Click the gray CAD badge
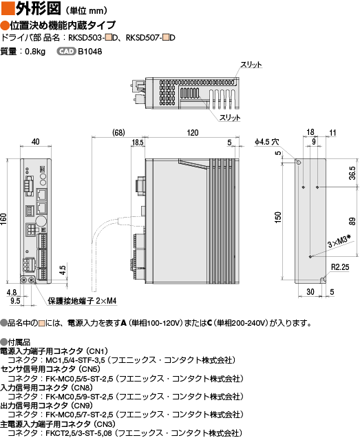tap(66, 52)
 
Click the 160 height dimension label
tap(3, 219)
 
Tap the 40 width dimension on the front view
tap(36, 142)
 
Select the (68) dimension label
tap(118, 132)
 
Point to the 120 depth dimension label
tap(193, 133)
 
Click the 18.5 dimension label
tap(138, 143)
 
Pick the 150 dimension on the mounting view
tap(277, 218)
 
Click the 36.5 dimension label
tap(352, 173)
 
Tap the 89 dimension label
tap(352, 221)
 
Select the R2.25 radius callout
tap(340, 267)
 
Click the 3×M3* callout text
tap(339, 241)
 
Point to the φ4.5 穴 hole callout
tap(266, 142)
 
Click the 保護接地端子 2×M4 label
tap(82, 301)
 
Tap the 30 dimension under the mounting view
tap(310, 291)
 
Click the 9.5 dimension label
tap(15, 300)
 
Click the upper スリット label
tap(251, 65)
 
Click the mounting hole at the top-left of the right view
tap(299, 163)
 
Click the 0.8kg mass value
tap(35, 52)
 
